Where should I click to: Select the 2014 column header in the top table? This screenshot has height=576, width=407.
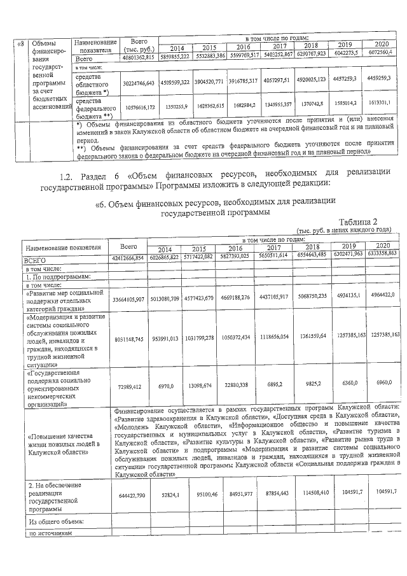pyautogui.click(x=177, y=48)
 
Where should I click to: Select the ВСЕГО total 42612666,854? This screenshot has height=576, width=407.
pyautogui.click(x=128, y=260)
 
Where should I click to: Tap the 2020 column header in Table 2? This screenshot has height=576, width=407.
pyautogui.click(x=382, y=244)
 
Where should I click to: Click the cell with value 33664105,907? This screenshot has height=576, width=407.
pyautogui.click(x=128, y=299)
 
